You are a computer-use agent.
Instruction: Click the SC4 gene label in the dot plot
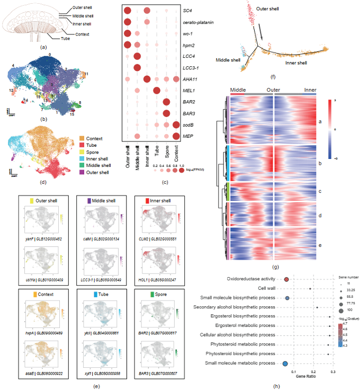[x=187, y=11]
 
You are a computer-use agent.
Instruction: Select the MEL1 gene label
[x=188, y=91]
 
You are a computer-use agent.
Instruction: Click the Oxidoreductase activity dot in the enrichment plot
[x=286, y=279]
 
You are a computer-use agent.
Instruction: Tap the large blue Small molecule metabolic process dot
[x=285, y=364]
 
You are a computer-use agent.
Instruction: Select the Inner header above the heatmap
[x=310, y=90]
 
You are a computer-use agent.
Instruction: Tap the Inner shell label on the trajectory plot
[x=297, y=63]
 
